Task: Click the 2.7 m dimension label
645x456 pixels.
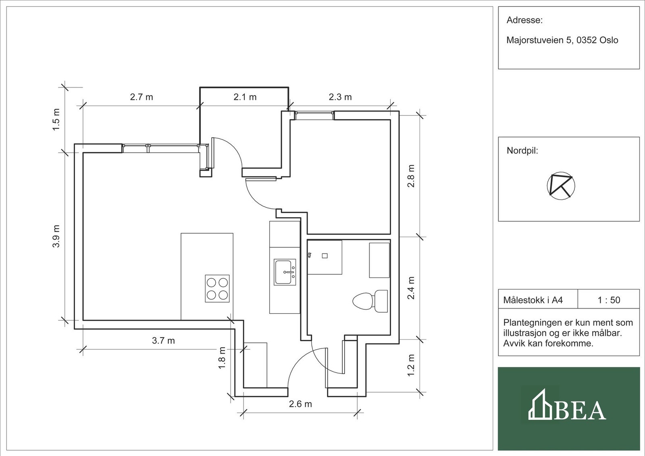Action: point(141,97)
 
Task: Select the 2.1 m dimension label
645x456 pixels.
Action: point(245,97)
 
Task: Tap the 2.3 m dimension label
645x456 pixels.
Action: point(340,97)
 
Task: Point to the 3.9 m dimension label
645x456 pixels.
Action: point(56,236)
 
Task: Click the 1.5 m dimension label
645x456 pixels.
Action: point(56,120)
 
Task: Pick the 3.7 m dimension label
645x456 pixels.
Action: point(163,341)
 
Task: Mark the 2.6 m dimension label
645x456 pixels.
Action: point(300,404)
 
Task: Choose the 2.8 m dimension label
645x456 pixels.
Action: point(411,176)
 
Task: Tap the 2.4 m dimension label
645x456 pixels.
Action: point(411,288)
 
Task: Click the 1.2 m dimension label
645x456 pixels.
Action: point(411,365)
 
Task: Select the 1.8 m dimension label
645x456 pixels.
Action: point(222,358)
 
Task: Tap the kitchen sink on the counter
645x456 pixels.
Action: point(285,272)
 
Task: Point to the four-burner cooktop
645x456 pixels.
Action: point(217,288)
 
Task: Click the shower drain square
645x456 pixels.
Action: point(325,256)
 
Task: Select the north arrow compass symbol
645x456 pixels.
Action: point(561,186)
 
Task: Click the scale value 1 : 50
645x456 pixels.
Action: point(609,300)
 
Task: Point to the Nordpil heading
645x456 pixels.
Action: point(522,151)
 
